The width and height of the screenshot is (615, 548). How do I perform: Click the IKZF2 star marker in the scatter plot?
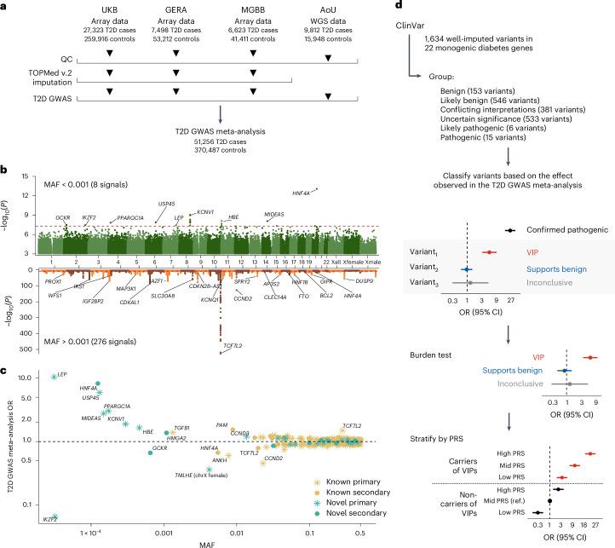55,516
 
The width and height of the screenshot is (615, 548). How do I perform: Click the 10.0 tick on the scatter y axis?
34,377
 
